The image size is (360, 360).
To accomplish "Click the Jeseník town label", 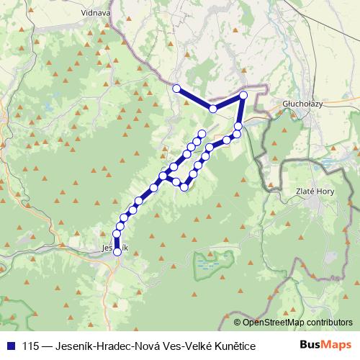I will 115,248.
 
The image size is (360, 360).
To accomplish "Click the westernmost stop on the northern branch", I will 176,88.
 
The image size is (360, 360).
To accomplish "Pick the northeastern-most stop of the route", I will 243,95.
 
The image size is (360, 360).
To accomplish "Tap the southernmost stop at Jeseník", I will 117,251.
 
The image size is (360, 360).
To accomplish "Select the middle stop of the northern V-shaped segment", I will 213,109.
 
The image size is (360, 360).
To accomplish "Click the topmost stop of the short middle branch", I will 202,132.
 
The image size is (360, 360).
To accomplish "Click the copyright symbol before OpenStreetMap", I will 238,322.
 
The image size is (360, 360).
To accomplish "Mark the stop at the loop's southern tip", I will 184,187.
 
